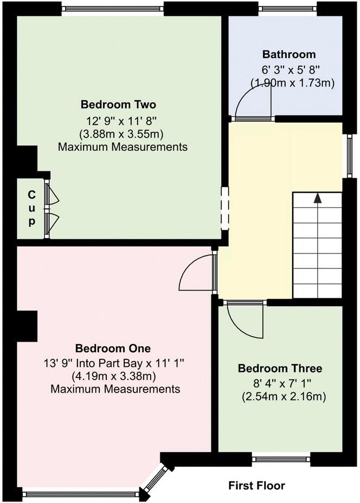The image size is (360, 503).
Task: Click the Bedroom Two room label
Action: pyautogui.click(x=122, y=104)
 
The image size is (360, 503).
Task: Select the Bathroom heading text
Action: pyautogui.click(x=288, y=54)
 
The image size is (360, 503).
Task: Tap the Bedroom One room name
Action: pyautogui.click(x=113, y=348)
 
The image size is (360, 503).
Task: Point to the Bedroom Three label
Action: pyautogui.click(x=280, y=369)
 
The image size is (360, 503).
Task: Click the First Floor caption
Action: pyautogui.click(x=256, y=485)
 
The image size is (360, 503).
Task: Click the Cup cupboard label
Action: pyautogui.click(x=31, y=208)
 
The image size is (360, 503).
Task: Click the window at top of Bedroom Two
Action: pyautogui.click(x=112, y=9)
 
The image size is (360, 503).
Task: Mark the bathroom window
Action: pyautogui.click(x=287, y=9)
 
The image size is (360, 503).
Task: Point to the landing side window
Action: pyautogui.click(x=350, y=156)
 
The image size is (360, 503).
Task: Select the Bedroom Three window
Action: pyautogui.click(x=281, y=460)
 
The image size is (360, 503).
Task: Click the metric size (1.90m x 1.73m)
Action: pyautogui.click(x=292, y=83)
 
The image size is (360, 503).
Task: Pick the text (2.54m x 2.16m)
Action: pyautogui.click(x=284, y=397)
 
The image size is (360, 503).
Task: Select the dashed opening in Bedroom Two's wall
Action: pyautogui.click(x=224, y=207)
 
